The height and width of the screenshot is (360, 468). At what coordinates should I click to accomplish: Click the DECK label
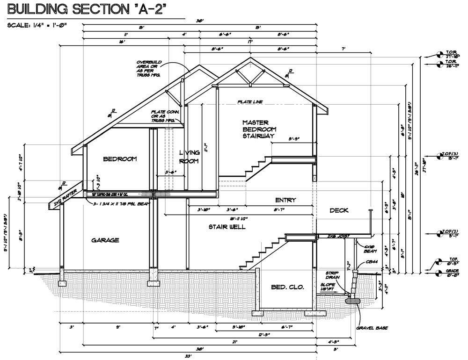pyautogui.click(x=339, y=210)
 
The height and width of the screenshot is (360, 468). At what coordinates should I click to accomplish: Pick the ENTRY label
pyautogui.click(x=285, y=200)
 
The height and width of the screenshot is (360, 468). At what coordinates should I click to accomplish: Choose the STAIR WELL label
pyautogui.click(x=227, y=227)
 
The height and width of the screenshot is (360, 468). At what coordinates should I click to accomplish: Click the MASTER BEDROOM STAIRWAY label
pyautogui.click(x=258, y=129)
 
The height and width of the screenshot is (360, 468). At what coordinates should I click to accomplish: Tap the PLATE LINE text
pyautogui.click(x=250, y=101)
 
